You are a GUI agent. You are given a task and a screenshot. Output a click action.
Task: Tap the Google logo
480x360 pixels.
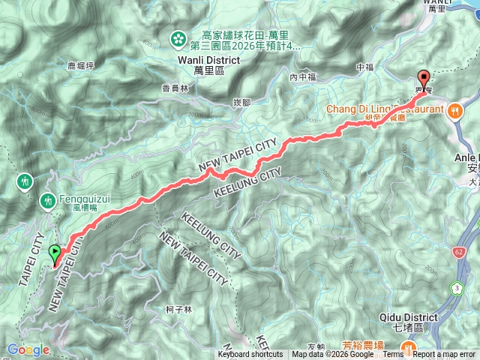[28, 349]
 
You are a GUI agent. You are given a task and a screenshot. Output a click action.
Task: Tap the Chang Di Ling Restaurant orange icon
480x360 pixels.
[455, 109]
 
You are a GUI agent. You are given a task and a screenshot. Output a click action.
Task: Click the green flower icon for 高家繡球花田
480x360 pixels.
[179, 37]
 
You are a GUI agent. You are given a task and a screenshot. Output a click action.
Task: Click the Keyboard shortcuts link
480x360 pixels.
[250, 355]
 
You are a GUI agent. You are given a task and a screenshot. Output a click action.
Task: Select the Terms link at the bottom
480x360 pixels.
[392, 355]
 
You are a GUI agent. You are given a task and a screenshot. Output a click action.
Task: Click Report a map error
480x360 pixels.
[444, 355]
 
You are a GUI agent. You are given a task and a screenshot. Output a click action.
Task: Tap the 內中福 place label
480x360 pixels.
[299, 76]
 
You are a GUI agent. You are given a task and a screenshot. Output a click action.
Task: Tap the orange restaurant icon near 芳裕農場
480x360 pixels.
[409, 347]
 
